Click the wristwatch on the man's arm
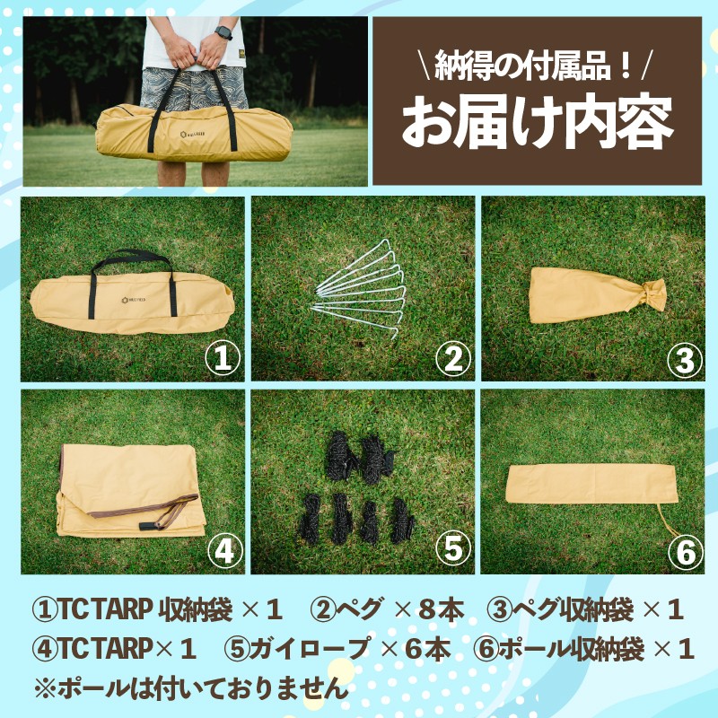coord(223,32)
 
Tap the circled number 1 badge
coord(223,358)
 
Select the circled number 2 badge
coord(453,358)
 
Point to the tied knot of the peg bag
coord(653,294)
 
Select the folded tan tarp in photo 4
coord(131,490)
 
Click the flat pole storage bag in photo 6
coord(591,484)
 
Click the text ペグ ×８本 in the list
coord(387,609)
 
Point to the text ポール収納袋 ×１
coord(584,649)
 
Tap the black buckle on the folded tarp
coord(144,526)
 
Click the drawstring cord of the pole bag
coord(668,521)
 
